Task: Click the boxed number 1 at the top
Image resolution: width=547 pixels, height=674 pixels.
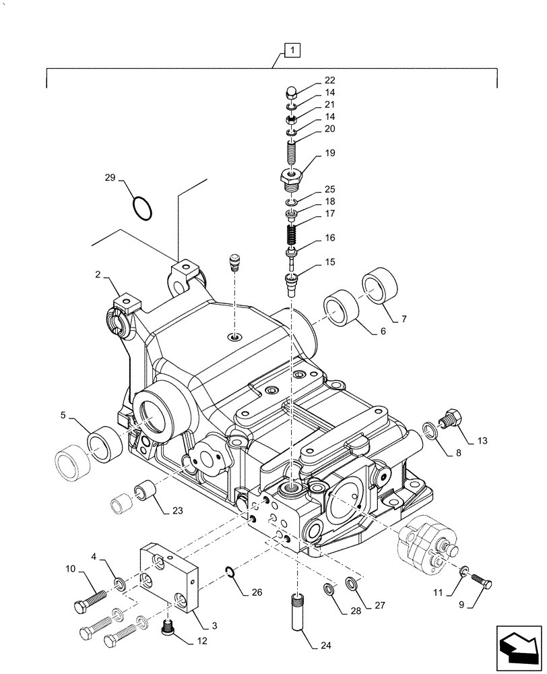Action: click(292, 49)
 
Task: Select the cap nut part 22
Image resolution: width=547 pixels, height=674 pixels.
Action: click(290, 92)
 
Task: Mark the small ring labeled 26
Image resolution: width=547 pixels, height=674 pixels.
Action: click(230, 573)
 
